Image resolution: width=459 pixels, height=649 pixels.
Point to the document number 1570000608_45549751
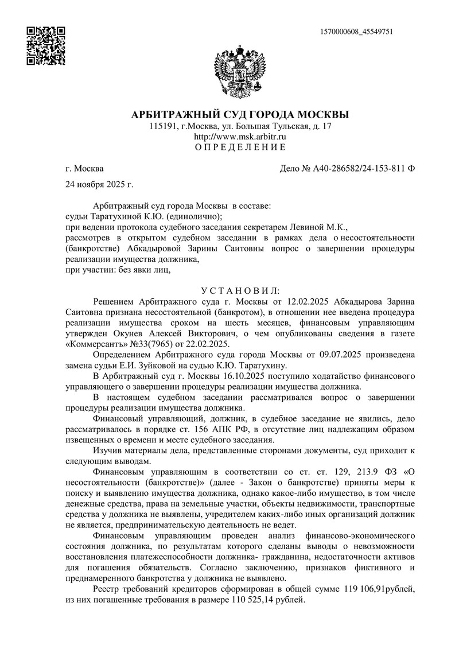pos(358,32)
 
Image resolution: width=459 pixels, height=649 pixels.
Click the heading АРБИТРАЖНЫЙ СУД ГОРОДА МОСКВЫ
pos(240,114)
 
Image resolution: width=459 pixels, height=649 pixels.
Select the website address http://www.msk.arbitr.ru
pos(240,137)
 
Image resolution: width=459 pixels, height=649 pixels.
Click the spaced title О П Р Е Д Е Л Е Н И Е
pos(240,147)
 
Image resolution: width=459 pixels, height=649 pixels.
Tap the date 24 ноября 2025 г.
pos(100,184)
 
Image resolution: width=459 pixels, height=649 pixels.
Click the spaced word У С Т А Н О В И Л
pos(240,291)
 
